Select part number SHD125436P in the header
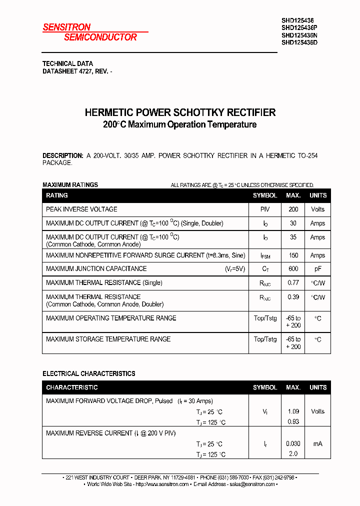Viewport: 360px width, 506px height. (299, 28)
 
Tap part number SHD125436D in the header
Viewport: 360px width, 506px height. (299, 42)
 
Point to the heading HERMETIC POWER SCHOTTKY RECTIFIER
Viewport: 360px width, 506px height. (180, 112)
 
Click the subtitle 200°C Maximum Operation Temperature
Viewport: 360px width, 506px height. (180, 124)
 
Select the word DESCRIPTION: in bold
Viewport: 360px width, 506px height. (62, 155)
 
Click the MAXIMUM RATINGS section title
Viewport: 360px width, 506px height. (70, 185)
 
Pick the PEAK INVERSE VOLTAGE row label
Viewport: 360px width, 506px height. (81, 209)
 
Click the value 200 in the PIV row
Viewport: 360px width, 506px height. (293, 209)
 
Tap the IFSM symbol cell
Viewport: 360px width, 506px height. (265, 255)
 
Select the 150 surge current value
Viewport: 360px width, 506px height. (293, 255)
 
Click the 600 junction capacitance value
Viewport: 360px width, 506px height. (293, 268)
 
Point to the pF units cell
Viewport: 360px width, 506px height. (317, 268)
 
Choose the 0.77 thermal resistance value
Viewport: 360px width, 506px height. (293, 282)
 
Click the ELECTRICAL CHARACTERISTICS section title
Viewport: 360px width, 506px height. (89, 373)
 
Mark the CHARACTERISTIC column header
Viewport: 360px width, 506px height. (72, 387)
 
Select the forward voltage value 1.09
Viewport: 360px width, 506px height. (293, 411)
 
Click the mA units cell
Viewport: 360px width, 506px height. (317, 443)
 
